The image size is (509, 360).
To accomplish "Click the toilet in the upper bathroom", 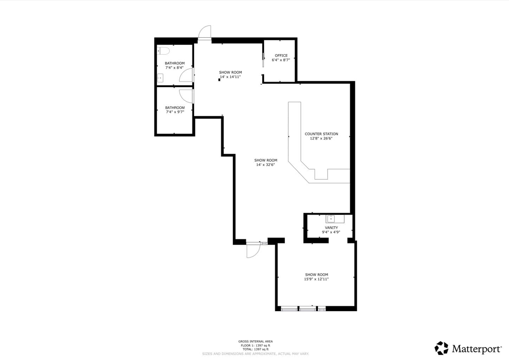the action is click(163, 51).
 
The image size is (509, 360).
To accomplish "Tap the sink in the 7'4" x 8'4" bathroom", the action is click(160, 78).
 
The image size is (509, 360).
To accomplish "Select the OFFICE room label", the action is click(281, 56).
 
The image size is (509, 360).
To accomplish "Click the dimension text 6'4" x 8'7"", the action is click(281, 60).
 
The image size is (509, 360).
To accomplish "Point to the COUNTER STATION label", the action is click(321, 134).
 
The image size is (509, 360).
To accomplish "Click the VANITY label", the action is click(331, 227).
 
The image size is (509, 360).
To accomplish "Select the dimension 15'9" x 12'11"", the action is click(316, 279).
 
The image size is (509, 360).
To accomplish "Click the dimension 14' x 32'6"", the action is click(265, 165).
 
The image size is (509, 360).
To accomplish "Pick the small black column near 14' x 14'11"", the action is click(219, 80).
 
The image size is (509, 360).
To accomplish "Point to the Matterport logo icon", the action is click(441, 348).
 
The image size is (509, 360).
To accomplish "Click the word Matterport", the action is click(477, 349).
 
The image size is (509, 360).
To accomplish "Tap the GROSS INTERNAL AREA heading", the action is click(256, 341).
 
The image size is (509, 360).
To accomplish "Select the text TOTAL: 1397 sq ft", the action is click(256, 349).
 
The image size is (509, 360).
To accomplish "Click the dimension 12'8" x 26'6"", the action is click(321, 138).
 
